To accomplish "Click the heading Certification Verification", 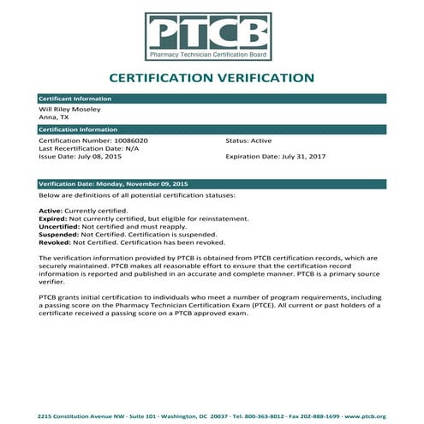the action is pyautogui.click(x=212, y=78).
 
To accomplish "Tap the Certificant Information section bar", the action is pyautogui.click(x=212, y=99).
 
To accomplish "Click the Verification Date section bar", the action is pyautogui.click(x=212, y=184).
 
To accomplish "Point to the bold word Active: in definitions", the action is pyautogui.click(x=51, y=211).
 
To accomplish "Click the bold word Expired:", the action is pyautogui.click(x=53, y=218).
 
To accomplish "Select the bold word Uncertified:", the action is pyautogui.click(x=58, y=226).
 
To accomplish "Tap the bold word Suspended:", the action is pyautogui.click(x=58, y=234).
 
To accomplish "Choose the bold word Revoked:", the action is pyautogui.click(x=55, y=242).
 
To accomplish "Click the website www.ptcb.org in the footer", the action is pyautogui.click(x=367, y=415).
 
